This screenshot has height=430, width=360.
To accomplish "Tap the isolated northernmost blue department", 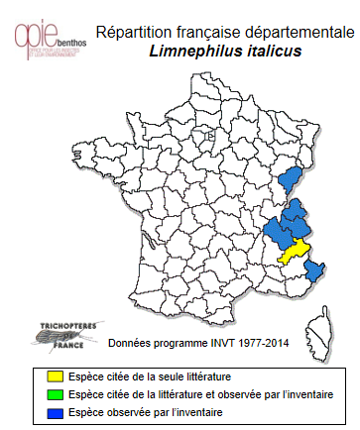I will click(x=291, y=179).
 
